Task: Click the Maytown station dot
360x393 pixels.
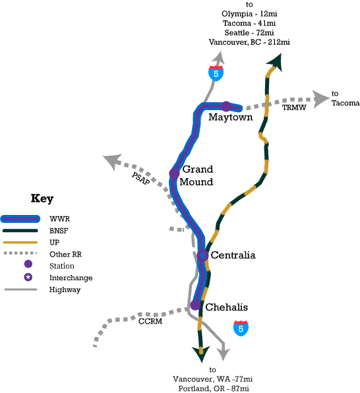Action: (226, 107)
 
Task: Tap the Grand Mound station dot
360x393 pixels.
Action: (174, 173)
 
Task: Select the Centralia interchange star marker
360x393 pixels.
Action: (202, 256)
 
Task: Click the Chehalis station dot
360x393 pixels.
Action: (195, 305)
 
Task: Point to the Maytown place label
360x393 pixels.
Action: (230, 117)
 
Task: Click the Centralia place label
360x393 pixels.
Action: (233, 255)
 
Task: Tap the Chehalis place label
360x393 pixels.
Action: (227, 307)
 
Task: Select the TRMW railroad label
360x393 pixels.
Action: (294, 107)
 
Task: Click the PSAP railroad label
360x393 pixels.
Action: (141, 179)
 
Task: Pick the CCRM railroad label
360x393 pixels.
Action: (150, 321)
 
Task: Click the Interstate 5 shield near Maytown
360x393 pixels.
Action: (216, 73)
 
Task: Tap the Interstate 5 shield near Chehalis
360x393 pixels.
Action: (241, 328)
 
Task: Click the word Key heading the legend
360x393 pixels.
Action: (42, 198)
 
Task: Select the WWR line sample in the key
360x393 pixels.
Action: (20, 219)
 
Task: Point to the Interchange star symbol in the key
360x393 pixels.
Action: (28, 277)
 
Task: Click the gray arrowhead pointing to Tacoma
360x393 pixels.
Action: (321, 100)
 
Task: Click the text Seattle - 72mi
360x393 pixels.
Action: (249, 32)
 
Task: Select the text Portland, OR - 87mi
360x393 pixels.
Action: (214, 388)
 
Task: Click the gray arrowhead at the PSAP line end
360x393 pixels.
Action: (112, 162)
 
